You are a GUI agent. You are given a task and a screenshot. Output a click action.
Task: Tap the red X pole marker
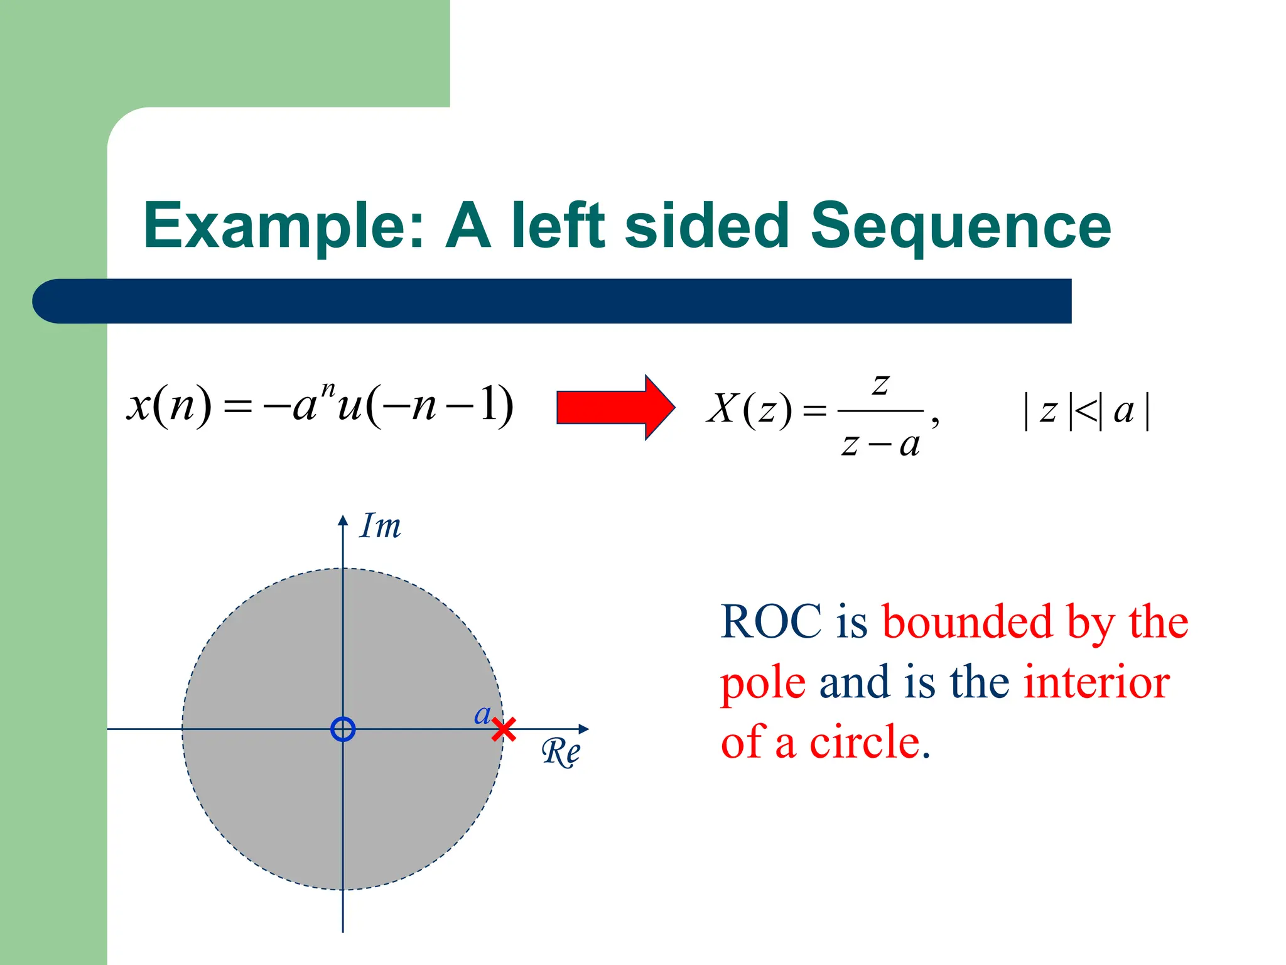504,729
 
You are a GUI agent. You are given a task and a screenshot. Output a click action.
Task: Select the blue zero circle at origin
343,729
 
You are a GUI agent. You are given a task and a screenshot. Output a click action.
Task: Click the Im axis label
380,526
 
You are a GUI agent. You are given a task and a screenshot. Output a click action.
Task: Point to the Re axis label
561,751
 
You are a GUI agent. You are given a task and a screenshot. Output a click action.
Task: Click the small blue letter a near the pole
482,714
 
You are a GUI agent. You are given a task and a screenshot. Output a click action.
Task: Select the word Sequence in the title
960,226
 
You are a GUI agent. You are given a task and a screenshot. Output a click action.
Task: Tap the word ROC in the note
770,622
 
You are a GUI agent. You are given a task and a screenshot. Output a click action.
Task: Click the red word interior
1096,682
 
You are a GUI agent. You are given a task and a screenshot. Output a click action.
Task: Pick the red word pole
763,684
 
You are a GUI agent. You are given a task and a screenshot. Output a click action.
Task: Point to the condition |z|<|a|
1086,412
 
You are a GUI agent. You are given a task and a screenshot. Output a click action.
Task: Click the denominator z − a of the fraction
880,445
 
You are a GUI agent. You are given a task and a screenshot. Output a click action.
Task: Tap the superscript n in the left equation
328,389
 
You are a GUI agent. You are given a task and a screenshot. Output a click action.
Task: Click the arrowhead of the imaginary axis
343,520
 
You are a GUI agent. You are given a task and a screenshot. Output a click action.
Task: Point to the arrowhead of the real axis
584,729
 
